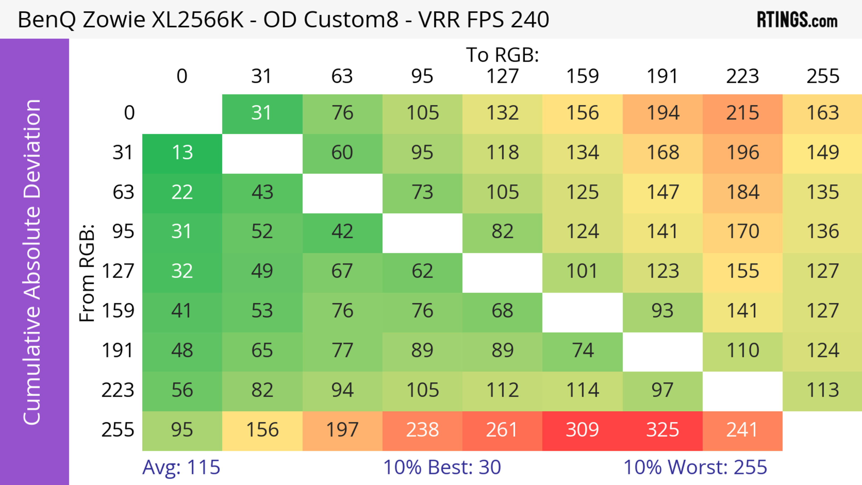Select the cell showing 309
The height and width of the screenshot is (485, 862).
pyautogui.click(x=582, y=430)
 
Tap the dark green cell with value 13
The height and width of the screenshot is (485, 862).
pyautogui.click(x=182, y=153)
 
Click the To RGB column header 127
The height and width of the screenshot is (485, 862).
pyautogui.click(x=502, y=76)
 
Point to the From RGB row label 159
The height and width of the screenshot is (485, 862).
pyautogui.click(x=118, y=311)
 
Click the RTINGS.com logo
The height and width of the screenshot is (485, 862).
pyautogui.click(x=797, y=20)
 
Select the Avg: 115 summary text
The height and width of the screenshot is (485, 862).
pyautogui.click(x=181, y=467)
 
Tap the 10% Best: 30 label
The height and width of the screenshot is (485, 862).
pyautogui.click(x=442, y=467)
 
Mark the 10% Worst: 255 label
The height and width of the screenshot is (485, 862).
pyautogui.click(x=695, y=467)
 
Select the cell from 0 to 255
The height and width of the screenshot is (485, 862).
pyautogui.click(x=822, y=113)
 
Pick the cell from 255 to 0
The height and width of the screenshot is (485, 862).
pyautogui.click(x=182, y=430)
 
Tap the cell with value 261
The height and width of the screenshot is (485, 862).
pyautogui.click(x=502, y=430)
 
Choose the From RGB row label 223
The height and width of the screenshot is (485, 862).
pyautogui.click(x=118, y=390)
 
